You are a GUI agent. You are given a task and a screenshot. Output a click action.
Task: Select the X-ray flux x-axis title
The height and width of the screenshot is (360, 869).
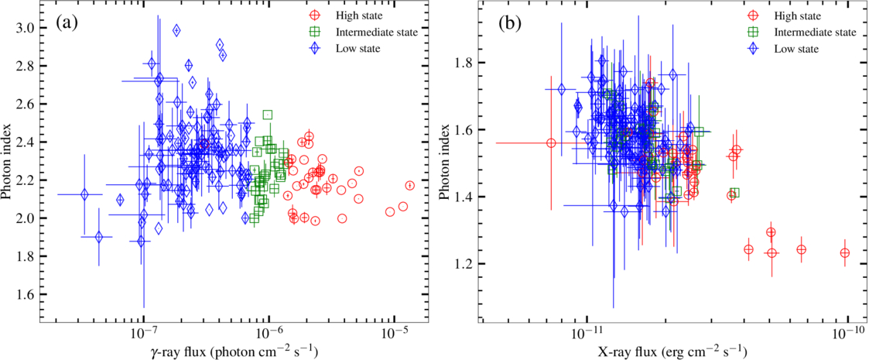[x=672, y=351]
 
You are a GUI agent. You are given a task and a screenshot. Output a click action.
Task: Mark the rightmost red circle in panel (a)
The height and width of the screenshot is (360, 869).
[x=409, y=186]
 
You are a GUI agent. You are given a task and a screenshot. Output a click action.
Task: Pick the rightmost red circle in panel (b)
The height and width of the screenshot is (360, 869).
[x=844, y=253]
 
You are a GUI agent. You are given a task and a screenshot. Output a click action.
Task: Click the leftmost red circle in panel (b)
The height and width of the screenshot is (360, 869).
[x=551, y=143]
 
